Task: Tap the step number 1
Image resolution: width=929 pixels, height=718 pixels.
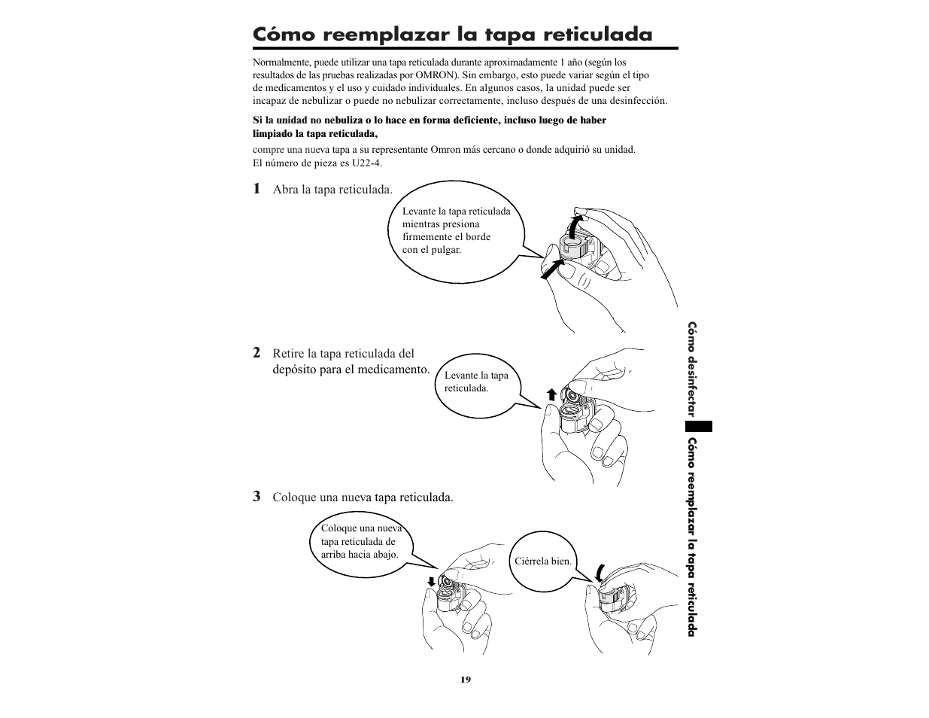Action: (257, 188)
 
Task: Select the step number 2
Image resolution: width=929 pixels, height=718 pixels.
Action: (257, 352)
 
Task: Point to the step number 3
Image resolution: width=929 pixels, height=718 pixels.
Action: (257, 496)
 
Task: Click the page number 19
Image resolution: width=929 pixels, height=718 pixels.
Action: (465, 680)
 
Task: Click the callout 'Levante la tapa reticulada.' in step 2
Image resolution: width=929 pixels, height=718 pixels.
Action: (476, 382)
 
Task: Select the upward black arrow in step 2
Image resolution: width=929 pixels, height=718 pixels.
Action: (551, 394)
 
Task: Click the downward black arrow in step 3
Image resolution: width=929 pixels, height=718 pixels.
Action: (431, 581)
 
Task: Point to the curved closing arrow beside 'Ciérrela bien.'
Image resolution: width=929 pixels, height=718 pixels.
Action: (600, 572)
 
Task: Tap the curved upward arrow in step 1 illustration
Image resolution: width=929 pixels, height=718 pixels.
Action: (575, 226)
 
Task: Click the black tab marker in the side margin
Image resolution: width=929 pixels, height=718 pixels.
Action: (699, 425)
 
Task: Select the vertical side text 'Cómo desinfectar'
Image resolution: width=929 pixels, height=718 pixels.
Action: (692, 369)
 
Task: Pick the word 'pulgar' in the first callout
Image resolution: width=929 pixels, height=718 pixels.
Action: (445, 250)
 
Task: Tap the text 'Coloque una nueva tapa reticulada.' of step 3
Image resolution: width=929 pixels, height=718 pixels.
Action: (363, 497)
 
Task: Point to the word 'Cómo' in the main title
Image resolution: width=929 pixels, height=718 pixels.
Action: (279, 34)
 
